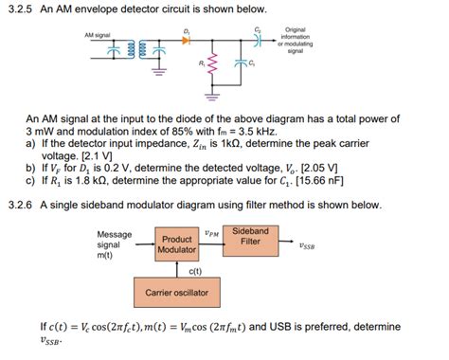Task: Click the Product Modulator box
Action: click(177, 244)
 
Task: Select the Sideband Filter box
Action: click(250, 237)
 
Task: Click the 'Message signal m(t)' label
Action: click(115, 244)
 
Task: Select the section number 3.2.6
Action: click(20, 204)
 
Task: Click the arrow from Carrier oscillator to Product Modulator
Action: click(177, 270)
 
